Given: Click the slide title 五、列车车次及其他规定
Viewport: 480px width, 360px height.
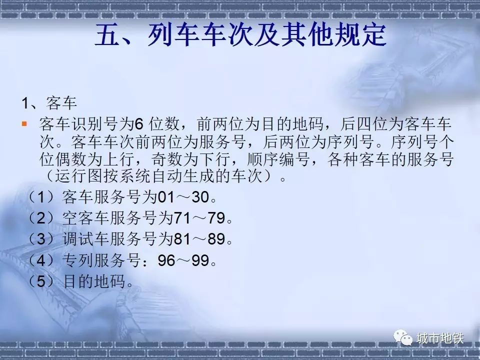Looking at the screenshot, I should pyautogui.click(x=240, y=36).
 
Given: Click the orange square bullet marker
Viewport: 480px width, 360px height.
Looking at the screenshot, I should pyautogui.click(x=24, y=123).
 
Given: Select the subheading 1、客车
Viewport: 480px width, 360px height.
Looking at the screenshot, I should pyautogui.click(x=48, y=103).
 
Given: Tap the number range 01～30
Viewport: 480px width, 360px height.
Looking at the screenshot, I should pyautogui.click(x=182, y=197).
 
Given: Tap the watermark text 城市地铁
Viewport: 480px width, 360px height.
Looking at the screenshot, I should pyautogui.click(x=440, y=338).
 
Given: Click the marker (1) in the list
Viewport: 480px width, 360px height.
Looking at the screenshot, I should pyautogui.click(x=42, y=197).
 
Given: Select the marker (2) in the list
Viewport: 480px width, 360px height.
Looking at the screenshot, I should pyautogui.click(x=42, y=218).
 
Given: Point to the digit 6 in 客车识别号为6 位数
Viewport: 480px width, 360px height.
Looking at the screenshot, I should pyautogui.click(x=139, y=123).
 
